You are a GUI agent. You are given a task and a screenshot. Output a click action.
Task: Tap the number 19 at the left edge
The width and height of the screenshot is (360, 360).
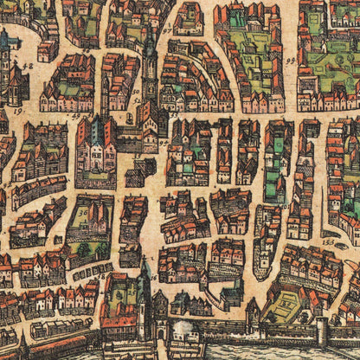(16, 112)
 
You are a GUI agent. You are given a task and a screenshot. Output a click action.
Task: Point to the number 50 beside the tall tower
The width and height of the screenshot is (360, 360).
(136, 90)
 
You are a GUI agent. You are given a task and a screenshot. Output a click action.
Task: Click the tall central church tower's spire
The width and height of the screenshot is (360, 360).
(149, 35)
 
